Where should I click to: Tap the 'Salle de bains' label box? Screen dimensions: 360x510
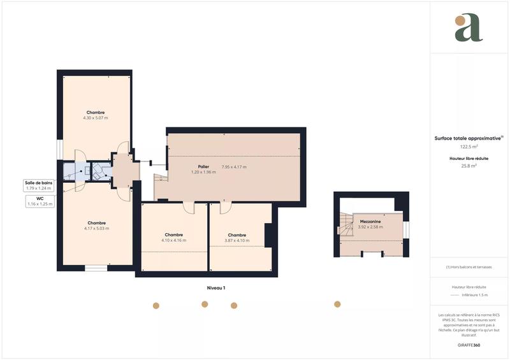[x=38, y=185]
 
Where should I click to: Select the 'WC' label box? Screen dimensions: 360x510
[x=40, y=201]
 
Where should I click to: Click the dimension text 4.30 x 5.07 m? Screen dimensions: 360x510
[x=96, y=118]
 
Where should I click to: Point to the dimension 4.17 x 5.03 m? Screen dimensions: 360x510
[x=96, y=228]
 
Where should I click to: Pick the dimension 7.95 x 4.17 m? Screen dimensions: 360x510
[x=234, y=167]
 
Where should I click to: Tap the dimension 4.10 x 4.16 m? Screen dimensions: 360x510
[x=173, y=240]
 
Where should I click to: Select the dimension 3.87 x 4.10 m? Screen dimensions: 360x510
[x=237, y=240]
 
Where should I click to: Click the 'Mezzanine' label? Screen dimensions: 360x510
[x=370, y=221]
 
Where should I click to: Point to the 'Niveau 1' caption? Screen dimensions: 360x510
[x=216, y=288]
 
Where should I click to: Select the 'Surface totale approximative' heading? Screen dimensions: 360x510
[x=468, y=138]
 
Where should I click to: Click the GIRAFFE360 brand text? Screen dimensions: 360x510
[x=469, y=345]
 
